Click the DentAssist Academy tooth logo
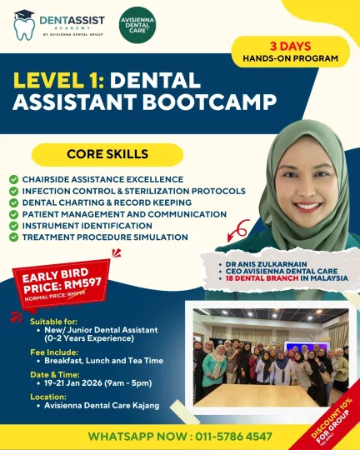pyautogui.click(x=23, y=25)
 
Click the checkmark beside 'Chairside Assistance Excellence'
pyautogui.click(x=13, y=179)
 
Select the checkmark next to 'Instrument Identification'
pyautogui.click(x=13, y=226)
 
